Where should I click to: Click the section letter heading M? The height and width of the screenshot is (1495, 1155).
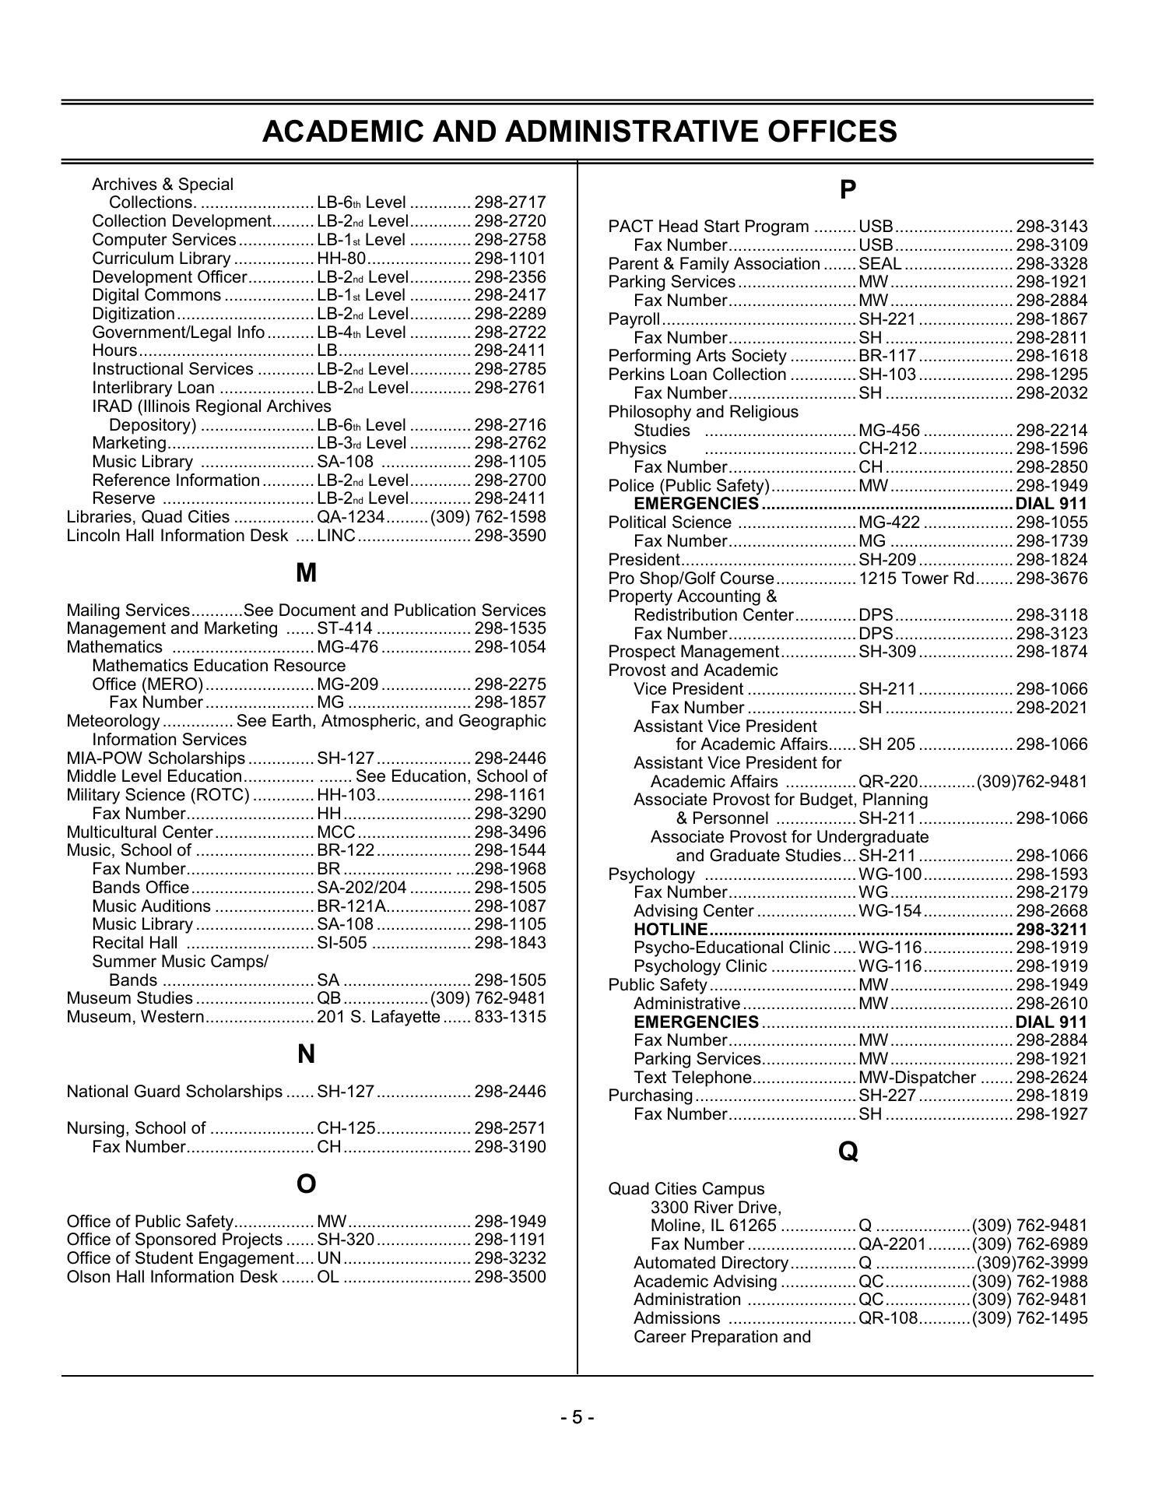click(307, 574)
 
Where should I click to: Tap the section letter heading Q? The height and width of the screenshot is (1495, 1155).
click(848, 1152)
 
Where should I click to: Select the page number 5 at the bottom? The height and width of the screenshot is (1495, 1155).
click(577, 1416)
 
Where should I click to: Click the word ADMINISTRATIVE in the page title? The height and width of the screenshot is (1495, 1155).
click(634, 132)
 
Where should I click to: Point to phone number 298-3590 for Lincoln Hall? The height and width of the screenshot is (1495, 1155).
click(510, 536)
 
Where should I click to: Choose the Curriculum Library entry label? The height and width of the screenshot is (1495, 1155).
click(161, 259)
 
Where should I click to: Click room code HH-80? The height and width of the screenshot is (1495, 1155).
click(341, 259)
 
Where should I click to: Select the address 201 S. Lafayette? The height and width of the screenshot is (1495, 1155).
click(378, 1017)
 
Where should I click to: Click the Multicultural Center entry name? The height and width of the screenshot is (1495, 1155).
click(139, 832)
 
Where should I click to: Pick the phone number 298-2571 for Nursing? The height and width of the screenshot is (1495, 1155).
click(510, 1128)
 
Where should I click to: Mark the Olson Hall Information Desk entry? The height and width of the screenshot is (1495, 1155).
click(172, 1277)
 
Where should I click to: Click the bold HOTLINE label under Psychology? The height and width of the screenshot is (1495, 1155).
click(670, 930)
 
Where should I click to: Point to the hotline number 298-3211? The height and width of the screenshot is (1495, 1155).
click(1051, 930)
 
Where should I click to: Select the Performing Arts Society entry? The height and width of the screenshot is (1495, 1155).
click(697, 356)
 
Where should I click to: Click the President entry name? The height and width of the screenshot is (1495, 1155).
click(644, 560)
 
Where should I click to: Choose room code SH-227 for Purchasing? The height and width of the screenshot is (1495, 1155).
click(887, 1096)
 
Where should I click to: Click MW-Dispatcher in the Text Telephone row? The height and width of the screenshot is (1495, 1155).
click(917, 1078)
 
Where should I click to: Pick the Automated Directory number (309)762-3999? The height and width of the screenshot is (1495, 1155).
click(1031, 1263)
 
